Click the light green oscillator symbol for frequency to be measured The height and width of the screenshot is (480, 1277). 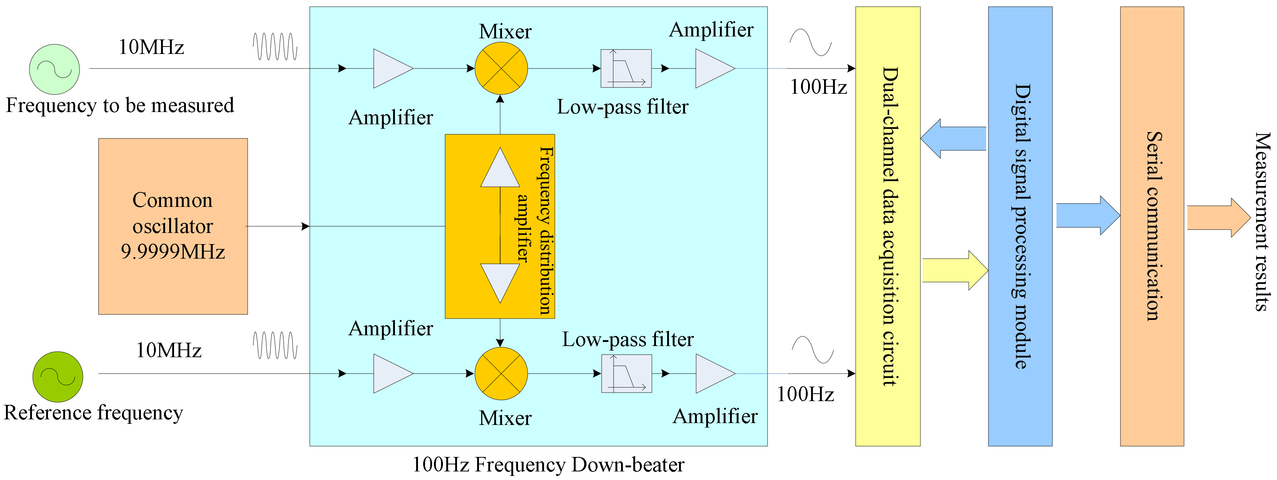pos(55,70)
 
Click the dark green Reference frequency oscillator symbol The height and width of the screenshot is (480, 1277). pos(58,377)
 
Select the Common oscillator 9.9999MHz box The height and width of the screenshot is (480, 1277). pos(173,226)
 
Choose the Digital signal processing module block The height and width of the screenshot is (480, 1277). pos(1020,226)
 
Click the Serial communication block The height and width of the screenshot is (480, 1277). pos(1152,226)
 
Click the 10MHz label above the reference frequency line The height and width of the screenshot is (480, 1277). pos(168,351)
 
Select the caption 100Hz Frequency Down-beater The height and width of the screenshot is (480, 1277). pos(548,465)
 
